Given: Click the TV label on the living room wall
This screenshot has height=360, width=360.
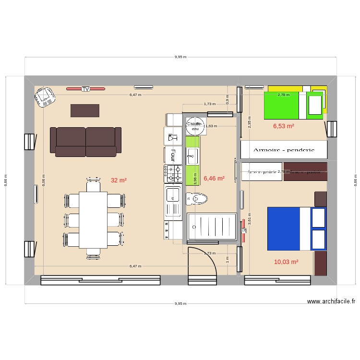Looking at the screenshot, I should [x=85, y=89].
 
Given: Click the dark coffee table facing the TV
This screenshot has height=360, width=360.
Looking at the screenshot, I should [x=85, y=110].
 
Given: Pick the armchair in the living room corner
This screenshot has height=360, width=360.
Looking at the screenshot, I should [x=45, y=98].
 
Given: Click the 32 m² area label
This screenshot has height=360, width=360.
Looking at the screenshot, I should [x=119, y=180].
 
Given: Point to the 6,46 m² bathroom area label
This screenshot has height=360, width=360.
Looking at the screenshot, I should [x=214, y=178].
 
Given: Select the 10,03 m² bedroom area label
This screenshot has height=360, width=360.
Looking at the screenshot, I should [x=286, y=262].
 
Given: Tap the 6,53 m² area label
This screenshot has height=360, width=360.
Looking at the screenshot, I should [x=283, y=126].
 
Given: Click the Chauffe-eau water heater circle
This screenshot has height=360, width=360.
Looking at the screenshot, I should [x=194, y=126].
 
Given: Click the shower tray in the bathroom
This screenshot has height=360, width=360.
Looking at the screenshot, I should [x=211, y=226].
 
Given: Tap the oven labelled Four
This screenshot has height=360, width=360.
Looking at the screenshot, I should [x=173, y=154].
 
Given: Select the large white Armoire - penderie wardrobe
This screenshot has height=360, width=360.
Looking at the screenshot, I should [x=284, y=150].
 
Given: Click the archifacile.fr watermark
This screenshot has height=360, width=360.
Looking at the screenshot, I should [x=331, y=301].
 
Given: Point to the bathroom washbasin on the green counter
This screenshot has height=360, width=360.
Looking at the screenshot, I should [x=192, y=155].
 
